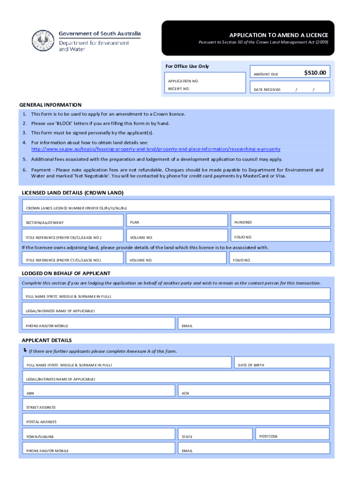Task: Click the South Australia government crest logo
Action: (x=43, y=40)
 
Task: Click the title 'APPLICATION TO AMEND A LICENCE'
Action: (x=278, y=35)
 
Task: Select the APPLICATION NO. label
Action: (x=183, y=81)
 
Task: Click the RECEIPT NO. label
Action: (x=179, y=88)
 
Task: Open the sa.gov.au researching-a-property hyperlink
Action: (x=156, y=149)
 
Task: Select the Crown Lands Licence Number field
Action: (x=177, y=206)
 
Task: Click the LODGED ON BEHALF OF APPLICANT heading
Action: (x=66, y=273)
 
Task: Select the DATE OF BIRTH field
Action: (x=281, y=363)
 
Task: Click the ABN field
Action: (x=99, y=391)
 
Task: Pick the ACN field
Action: (x=254, y=391)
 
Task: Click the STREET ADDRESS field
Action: (x=177, y=405)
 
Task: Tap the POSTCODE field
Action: (x=292, y=434)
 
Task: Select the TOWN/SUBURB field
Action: (x=99, y=435)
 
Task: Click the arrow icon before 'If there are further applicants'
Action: (x=24, y=350)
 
